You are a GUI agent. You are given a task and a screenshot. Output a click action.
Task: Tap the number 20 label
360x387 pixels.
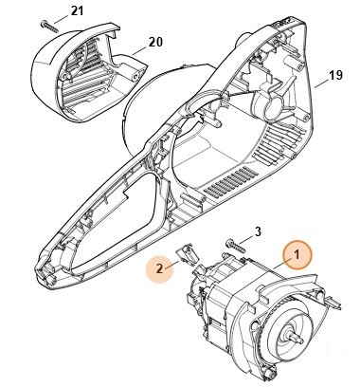coord(153,43)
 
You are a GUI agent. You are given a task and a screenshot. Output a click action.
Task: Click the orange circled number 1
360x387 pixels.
coord(296,254)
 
